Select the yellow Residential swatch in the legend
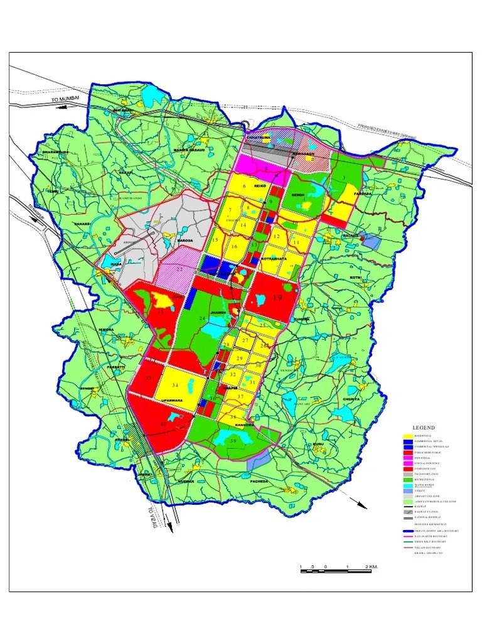[x=408, y=436]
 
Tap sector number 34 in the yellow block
[x=174, y=385]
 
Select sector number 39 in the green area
[x=232, y=441]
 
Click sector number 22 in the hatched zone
[x=179, y=269]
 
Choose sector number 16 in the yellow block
[x=234, y=247]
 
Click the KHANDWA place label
[x=244, y=425]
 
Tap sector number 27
[x=246, y=341]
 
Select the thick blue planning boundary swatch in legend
[x=408, y=531]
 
